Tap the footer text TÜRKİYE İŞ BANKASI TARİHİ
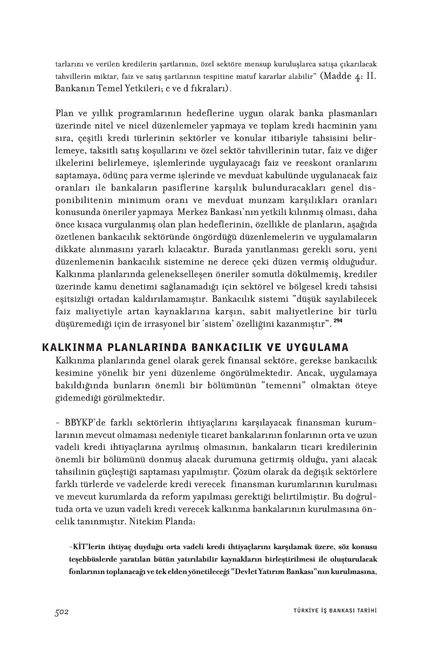(x=331, y=611)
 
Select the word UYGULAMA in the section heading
(x=318, y=347)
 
